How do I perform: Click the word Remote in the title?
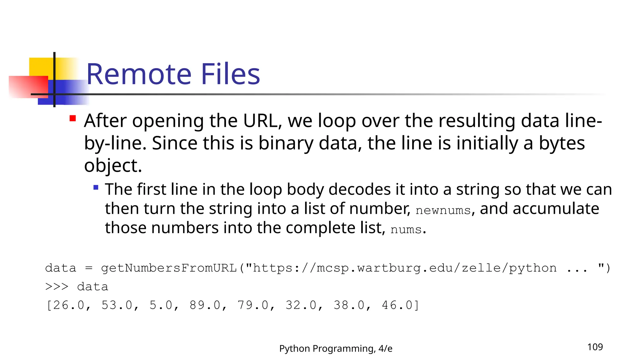[x=139, y=74]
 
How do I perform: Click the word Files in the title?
[x=230, y=74]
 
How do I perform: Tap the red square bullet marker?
[x=73, y=118]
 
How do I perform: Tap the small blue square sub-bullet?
[x=96, y=187]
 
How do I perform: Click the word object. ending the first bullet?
[x=113, y=166]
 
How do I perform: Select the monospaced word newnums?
[x=443, y=210]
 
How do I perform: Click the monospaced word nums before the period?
[x=406, y=230]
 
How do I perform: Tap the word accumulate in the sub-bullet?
[x=539, y=209]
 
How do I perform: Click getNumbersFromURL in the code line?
[x=169, y=268]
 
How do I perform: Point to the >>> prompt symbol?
[x=57, y=287]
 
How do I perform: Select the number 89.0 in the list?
[x=205, y=305]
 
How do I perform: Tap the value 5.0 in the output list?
[x=161, y=305]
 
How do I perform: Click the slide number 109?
[x=595, y=347]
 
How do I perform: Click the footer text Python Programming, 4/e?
[x=336, y=348]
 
